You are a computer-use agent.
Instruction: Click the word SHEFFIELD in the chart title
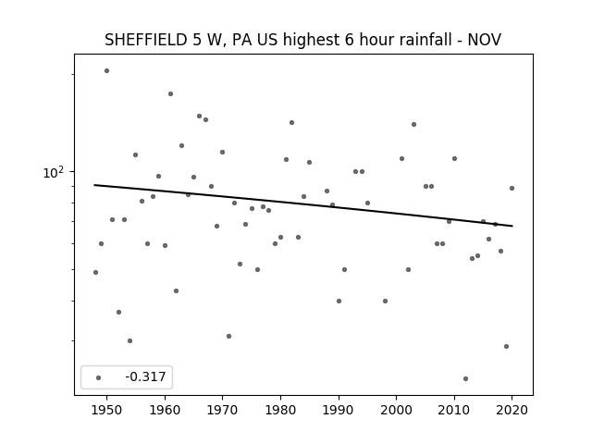146,40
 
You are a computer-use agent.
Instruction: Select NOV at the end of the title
485,40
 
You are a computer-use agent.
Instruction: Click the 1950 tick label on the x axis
107,410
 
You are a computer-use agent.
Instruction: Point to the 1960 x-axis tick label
165,410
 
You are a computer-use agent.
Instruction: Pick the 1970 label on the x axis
222,410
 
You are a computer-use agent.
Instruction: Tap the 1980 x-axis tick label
280,410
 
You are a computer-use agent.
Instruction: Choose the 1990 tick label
339,410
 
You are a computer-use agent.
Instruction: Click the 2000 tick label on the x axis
397,410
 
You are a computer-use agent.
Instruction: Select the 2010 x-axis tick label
454,410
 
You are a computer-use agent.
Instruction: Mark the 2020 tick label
512,410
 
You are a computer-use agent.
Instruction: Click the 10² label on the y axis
54,173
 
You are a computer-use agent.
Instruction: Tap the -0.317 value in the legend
145,376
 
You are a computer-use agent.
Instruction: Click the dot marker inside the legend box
99,377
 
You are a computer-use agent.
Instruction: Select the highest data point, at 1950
107,70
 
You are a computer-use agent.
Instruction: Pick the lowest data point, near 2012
465,378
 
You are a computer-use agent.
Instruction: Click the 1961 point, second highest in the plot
170,93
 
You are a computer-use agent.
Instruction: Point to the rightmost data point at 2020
512,188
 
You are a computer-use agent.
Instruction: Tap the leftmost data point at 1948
95,272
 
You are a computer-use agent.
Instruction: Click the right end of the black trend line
512,226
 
